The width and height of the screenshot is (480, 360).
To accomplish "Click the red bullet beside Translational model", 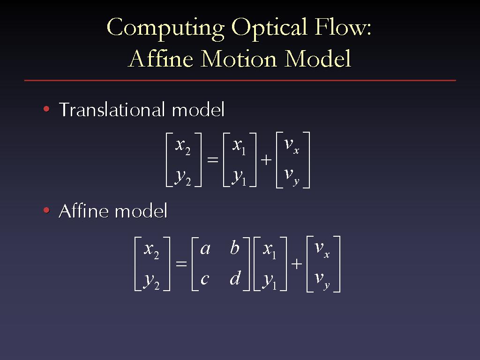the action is point(46,109).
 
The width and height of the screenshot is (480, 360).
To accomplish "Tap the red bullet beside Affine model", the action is point(46,210).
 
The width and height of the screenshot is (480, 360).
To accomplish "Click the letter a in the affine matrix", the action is point(205,248).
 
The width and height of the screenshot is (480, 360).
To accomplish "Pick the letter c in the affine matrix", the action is point(204,279).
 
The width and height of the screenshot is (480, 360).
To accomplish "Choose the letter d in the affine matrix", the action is point(235,277).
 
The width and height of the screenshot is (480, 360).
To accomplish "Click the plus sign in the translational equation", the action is point(266,160).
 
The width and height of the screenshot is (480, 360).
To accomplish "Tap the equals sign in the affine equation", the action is point(181,263).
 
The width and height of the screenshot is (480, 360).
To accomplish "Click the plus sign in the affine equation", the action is point(296,263).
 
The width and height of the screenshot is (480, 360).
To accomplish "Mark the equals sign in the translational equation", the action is point(213,159).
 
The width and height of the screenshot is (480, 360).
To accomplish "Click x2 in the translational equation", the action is point(183,147).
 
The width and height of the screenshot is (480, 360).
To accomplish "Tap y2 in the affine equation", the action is point(151,281).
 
